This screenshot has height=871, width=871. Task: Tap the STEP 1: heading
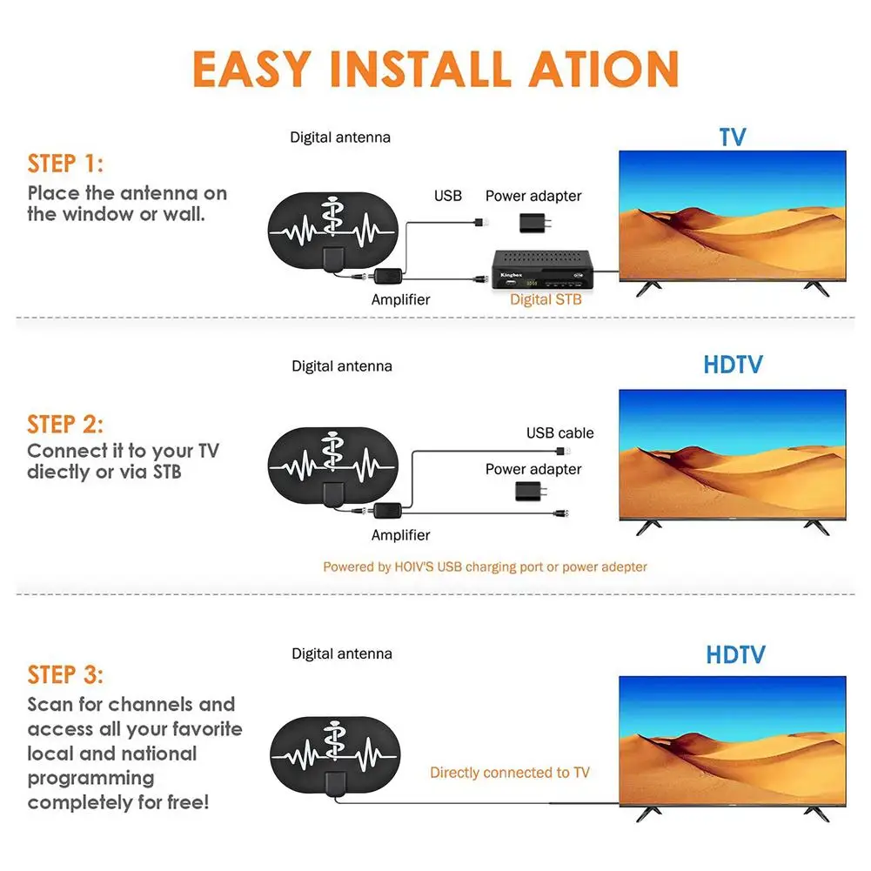pos(65,164)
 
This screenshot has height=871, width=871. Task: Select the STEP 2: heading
pos(65,425)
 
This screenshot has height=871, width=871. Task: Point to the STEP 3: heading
pos(65,675)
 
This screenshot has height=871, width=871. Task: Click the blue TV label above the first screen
pos(733,137)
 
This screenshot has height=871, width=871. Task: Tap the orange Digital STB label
pos(546,300)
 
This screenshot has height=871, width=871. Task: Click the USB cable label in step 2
pos(559,433)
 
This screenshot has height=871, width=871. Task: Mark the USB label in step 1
pos(448,196)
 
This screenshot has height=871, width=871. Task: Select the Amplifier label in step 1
pos(400,299)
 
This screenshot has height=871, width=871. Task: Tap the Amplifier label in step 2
pos(400,535)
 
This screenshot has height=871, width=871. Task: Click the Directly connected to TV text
pos(510,772)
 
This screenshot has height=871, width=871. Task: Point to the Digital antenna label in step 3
pos(341,653)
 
